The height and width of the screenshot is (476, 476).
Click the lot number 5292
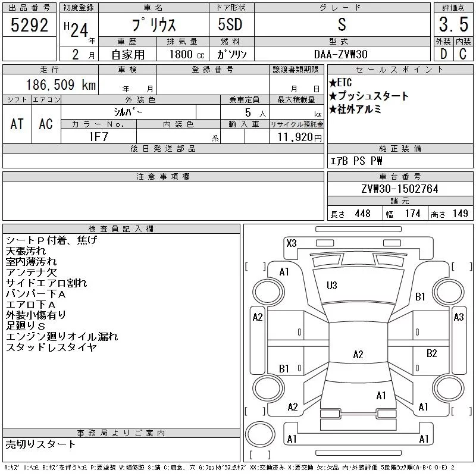coord(29,25)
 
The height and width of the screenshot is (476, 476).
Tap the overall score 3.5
coord(453,24)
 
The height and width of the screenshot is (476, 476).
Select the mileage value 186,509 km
coord(61,84)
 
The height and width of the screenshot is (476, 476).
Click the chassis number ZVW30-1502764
coord(400,189)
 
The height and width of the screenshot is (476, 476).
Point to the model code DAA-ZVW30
coord(340,54)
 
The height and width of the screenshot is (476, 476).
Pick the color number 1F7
coord(98,137)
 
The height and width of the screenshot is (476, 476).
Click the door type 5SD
coord(230,24)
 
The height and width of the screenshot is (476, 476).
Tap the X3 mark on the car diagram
coord(292,243)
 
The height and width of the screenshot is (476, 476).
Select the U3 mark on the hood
coord(332,286)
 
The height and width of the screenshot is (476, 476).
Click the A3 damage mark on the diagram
coord(459,317)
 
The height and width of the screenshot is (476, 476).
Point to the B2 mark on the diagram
coord(432,353)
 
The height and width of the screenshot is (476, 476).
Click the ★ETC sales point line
coord(340,83)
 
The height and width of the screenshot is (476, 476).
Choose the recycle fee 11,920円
coord(300,137)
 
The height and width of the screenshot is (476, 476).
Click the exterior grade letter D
coord(443,54)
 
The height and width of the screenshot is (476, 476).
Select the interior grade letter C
coord(463,54)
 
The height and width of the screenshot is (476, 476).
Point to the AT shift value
coord(17,124)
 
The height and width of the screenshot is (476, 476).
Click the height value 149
coord(460,214)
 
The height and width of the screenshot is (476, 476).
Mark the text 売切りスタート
coord(40,444)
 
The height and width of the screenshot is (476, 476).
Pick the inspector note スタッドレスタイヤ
coord(51,347)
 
